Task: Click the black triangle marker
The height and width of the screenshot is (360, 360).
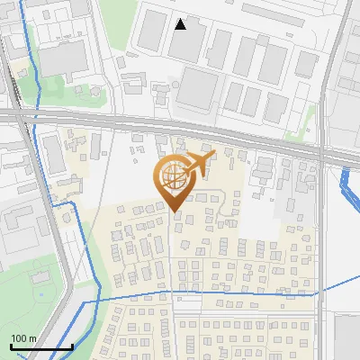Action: [x=181, y=24]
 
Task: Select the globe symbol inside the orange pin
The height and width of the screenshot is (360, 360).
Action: [x=173, y=181]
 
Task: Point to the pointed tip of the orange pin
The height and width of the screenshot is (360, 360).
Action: [x=174, y=212]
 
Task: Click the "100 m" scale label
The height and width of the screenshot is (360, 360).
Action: [x=23, y=338]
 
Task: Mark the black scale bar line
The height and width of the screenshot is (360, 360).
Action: [x=41, y=346]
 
